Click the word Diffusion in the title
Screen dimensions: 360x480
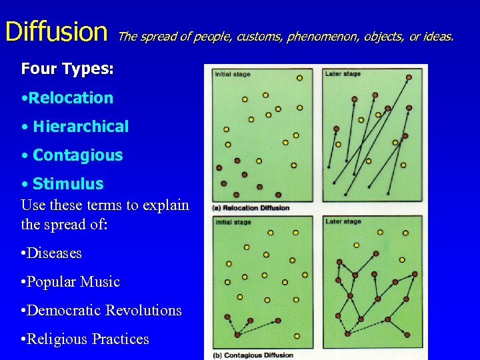(x=56, y=31)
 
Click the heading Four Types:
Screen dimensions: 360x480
(x=58, y=69)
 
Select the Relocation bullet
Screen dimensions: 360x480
(x=67, y=98)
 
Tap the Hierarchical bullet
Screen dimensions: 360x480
(x=75, y=127)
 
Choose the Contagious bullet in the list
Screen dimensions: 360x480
(x=72, y=155)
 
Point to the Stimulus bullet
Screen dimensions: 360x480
(x=63, y=184)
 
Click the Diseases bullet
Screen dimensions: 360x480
(x=51, y=253)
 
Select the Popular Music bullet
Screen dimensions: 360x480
(x=71, y=282)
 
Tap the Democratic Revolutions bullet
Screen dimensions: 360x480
(x=101, y=311)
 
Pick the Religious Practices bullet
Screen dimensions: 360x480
(x=85, y=339)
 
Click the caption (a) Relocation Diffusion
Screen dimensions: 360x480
(x=251, y=208)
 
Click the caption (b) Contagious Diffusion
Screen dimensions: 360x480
(x=253, y=355)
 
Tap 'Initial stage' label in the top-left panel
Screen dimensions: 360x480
(x=233, y=74)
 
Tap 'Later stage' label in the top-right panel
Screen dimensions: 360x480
(x=343, y=74)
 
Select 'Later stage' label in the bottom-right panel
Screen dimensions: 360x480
(x=343, y=221)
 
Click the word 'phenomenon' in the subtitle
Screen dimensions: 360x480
(x=323, y=37)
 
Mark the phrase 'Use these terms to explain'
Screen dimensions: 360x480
(x=105, y=205)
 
